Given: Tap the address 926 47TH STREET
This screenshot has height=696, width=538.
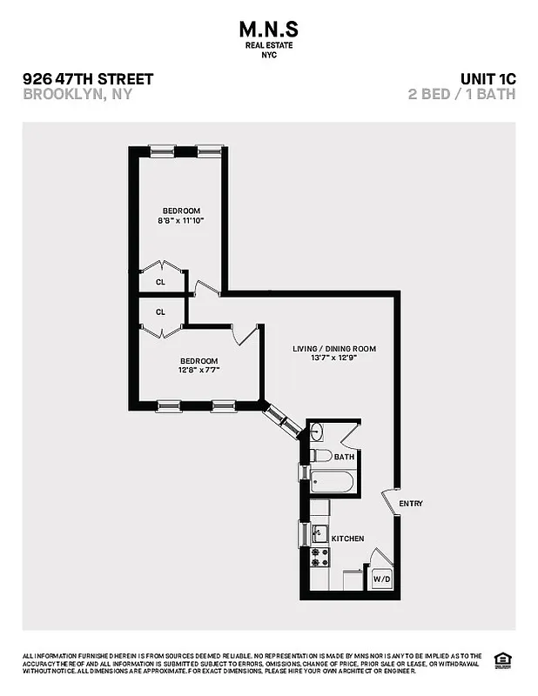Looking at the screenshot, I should [x=88, y=79].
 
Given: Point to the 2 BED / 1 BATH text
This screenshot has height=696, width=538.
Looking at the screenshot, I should [x=461, y=94].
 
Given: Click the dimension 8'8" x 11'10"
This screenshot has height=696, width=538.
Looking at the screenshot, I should [x=181, y=221].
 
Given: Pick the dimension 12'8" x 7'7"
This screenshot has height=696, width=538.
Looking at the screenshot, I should [x=199, y=371].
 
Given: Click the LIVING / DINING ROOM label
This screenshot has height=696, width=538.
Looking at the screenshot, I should [x=334, y=349].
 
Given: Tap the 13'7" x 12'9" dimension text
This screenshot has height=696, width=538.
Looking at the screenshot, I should [x=334, y=358].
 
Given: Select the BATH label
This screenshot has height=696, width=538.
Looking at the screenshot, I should [x=344, y=456].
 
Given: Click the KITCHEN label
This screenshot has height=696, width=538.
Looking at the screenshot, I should [x=346, y=539].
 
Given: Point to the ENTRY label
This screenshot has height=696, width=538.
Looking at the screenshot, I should [x=411, y=504].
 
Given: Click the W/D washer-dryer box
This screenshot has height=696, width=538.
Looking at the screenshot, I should [x=381, y=578].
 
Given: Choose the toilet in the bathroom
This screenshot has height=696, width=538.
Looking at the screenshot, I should [x=319, y=455].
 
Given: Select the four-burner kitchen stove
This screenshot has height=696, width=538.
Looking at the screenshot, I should [x=319, y=558].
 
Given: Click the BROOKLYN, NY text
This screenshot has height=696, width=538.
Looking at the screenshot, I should [x=77, y=94].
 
